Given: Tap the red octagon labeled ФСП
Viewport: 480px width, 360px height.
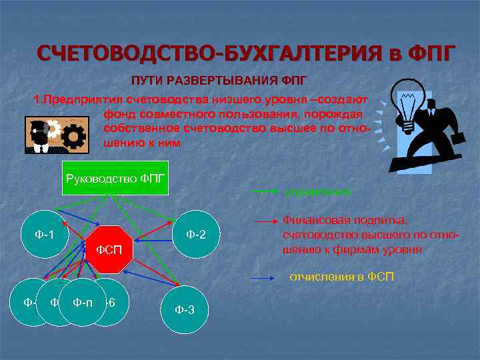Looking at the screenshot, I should (x=107, y=250).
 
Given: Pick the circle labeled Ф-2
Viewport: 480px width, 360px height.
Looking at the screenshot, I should (x=195, y=234).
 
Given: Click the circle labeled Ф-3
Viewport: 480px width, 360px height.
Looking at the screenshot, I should (x=184, y=310).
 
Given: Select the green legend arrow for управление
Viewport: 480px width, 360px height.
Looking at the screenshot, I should (x=265, y=191).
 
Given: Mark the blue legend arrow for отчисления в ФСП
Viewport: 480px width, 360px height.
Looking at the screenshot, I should (x=265, y=276).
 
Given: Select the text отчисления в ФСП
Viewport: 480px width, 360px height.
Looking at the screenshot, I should (x=341, y=276).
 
